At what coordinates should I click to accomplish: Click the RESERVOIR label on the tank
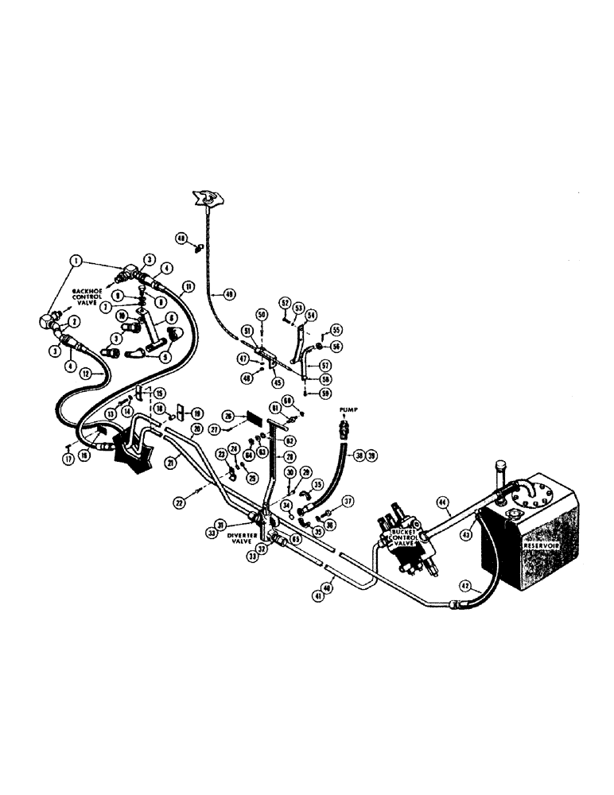tap(538, 548)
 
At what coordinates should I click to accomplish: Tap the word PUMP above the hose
tap(350, 411)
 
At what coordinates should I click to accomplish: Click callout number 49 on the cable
tap(230, 295)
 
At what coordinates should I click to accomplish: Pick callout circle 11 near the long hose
tap(188, 285)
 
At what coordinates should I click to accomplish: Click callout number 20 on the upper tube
tap(195, 428)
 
